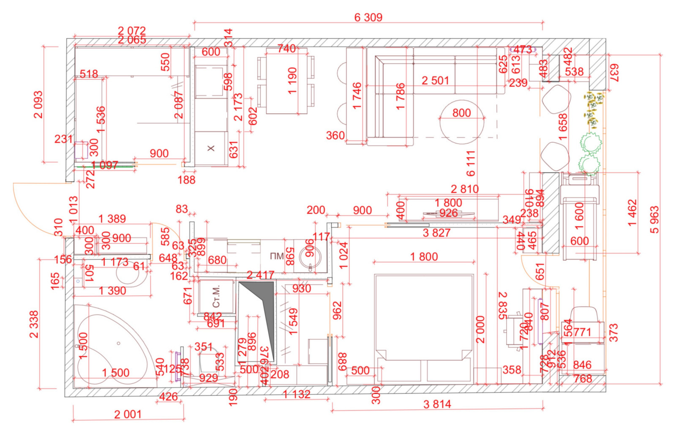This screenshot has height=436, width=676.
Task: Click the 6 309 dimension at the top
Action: [368, 18]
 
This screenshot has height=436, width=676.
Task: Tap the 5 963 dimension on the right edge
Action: [654, 220]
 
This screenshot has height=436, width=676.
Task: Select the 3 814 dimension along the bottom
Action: [437, 404]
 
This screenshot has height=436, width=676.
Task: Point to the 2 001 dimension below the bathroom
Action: [128, 414]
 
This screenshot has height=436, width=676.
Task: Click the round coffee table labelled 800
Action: [461, 122]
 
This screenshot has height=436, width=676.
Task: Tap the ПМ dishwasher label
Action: [277, 256]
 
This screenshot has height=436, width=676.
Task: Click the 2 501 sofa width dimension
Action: [435, 80]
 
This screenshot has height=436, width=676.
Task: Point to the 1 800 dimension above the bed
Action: [424, 257]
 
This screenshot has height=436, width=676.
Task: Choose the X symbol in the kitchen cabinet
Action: [211, 148]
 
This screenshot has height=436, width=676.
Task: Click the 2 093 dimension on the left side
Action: [38, 105]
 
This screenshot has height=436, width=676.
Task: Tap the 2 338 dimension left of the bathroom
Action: [34, 324]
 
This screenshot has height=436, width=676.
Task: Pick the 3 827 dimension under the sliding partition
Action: [436, 233]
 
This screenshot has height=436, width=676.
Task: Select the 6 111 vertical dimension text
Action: [471, 163]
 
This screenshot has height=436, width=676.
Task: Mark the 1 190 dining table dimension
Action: [292, 81]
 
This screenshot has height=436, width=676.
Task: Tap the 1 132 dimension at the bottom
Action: [296, 395]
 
